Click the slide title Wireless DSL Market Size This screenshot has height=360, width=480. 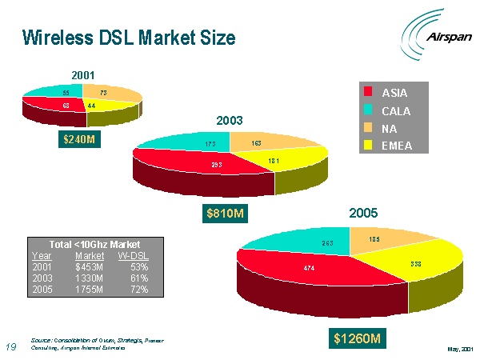coord(129,37)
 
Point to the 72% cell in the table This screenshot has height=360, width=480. coord(138,289)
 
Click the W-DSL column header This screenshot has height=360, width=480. coord(134,255)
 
